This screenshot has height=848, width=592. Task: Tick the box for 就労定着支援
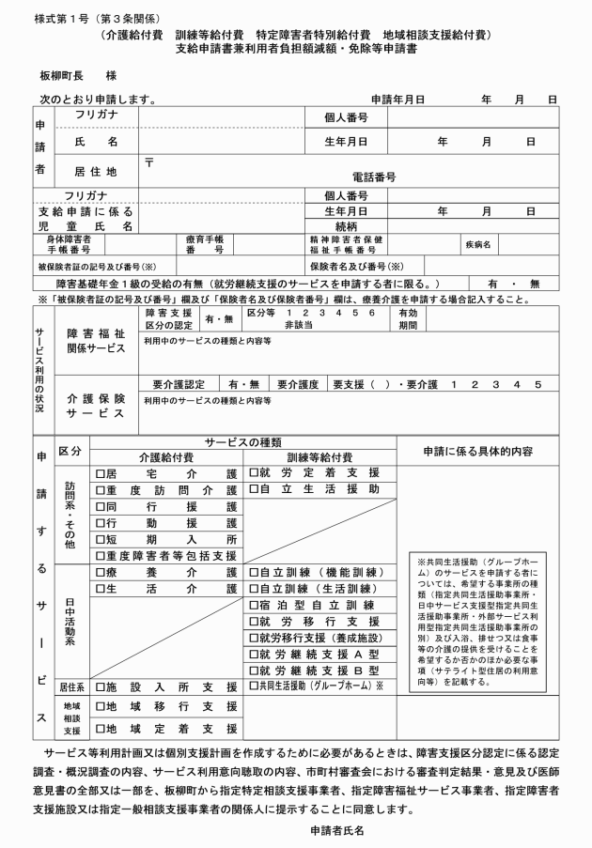click(x=254, y=474)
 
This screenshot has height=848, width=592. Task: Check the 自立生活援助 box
click(x=254, y=490)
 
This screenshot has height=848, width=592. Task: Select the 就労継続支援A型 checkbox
click(x=254, y=654)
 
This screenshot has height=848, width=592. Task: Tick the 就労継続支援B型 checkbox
click(x=254, y=671)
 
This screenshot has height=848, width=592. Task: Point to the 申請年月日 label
click(x=398, y=98)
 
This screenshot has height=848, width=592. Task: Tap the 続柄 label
click(x=349, y=226)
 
